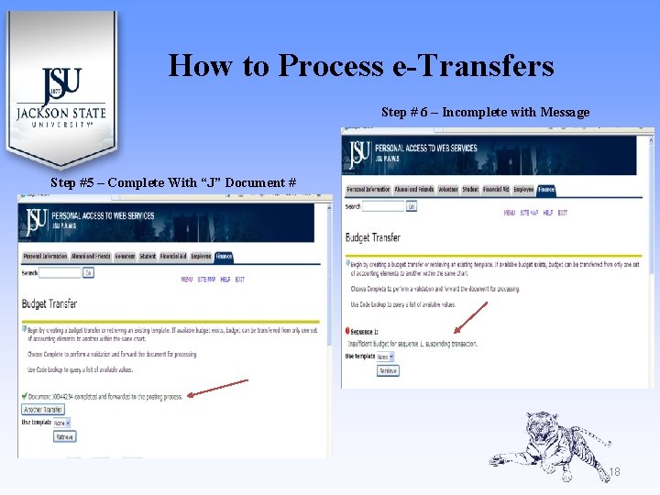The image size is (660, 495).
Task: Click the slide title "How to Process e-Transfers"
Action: click(x=361, y=66)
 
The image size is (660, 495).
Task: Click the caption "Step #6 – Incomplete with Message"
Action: click(x=485, y=112)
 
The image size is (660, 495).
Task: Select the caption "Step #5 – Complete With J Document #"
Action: click(x=173, y=182)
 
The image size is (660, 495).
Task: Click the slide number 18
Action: click(x=614, y=472)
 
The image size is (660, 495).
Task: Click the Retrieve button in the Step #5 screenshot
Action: click(x=65, y=437)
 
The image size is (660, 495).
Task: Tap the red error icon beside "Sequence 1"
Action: click(x=348, y=331)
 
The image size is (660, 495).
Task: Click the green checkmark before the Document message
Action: click(x=23, y=396)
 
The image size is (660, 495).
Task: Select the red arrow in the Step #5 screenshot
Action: click(x=217, y=388)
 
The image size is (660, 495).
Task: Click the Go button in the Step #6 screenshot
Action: click(x=412, y=207)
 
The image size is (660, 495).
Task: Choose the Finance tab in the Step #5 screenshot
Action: click(x=224, y=257)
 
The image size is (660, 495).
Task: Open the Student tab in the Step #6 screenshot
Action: click(x=470, y=190)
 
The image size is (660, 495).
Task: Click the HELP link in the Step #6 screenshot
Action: click(x=547, y=213)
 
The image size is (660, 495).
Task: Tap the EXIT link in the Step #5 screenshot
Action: click(x=239, y=280)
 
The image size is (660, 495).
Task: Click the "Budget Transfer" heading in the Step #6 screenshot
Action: click(x=373, y=237)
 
